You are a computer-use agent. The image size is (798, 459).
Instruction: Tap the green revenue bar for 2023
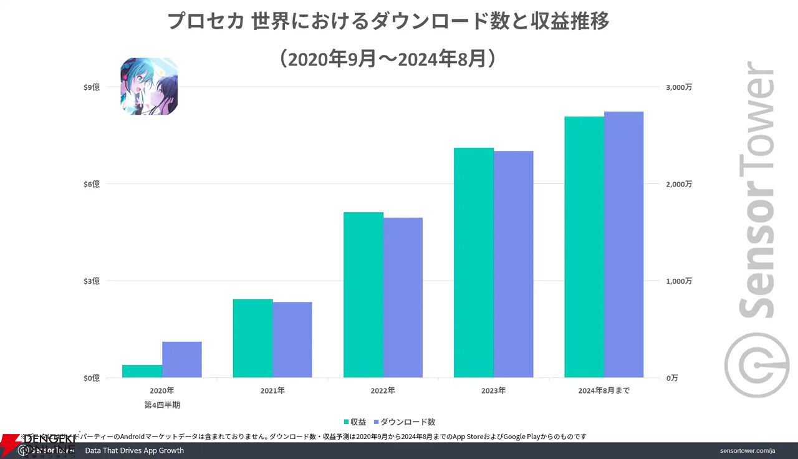pyautogui.click(x=473, y=263)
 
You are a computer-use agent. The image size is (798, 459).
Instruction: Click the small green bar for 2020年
pyautogui.click(x=142, y=371)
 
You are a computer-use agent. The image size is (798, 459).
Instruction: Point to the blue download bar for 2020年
pyautogui.click(x=182, y=359)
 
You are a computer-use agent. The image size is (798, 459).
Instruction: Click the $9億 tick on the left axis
pyautogui.click(x=91, y=87)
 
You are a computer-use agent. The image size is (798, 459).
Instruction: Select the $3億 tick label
pyautogui.click(x=91, y=281)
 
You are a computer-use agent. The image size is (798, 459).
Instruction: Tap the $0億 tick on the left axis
pyautogui.click(x=91, y=378)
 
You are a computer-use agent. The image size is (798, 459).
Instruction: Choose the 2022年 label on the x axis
pyautogui.click(x=383, y=391)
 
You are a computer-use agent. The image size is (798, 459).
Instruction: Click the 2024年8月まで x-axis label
pyautogui.click(x=603, y=391)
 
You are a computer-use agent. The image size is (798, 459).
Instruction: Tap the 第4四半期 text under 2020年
pyautogui.click(x=162, y=405)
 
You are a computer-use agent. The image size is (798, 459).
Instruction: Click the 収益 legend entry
pyautogui.click(x=355, y=422)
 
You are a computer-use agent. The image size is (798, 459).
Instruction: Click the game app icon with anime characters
pyautogui.click(x=149, y=86)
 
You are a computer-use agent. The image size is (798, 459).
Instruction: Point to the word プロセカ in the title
pyautogui.click(x=206, y=22)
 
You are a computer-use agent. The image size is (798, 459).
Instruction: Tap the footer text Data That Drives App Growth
pyautogui.click(x=134, y=450)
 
